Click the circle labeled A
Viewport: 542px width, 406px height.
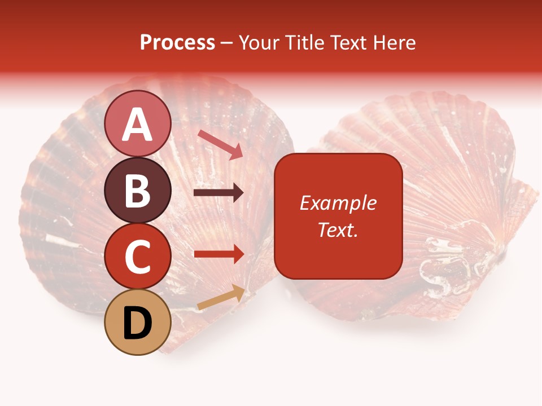pos(138,124)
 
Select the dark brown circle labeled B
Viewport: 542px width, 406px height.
pos(138,191)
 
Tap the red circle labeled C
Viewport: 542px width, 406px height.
pos(138,257)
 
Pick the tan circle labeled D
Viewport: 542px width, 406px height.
pos(138,323)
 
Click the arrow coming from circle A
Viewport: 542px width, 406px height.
pos(220,144)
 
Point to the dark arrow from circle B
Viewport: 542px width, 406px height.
pos(218,193)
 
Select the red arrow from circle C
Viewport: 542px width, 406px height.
pos(219,254)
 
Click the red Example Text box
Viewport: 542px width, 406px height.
pos(338,216)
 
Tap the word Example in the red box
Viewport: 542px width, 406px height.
pos(338,203)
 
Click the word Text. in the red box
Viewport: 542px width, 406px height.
pos(338,230)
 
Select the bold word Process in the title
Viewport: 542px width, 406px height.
pos(177,43)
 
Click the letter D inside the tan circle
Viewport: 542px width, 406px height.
pos(138,324)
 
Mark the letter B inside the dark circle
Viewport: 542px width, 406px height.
pos(138,191)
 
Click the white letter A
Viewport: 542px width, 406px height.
pos(138,125)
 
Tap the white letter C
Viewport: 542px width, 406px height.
pos(138,257)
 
